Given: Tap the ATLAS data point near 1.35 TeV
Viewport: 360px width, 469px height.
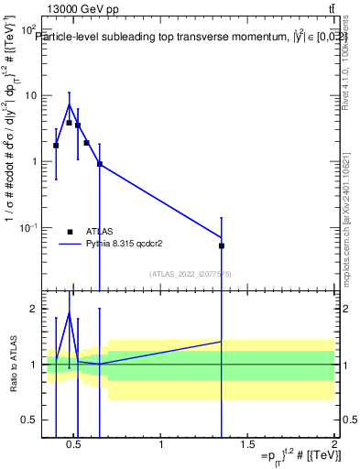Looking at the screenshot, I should (x=222, y=245).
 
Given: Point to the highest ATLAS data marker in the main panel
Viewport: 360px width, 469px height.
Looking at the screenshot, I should (x=69, y=122).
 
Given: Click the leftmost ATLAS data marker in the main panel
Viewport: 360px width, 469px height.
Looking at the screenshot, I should (x=56, y=145).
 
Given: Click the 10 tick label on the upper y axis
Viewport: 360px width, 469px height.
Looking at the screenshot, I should (x=29, y=95).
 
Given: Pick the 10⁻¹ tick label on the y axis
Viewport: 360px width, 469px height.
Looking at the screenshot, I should (x=27, y=227).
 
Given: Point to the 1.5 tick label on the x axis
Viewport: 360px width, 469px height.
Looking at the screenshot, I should (x=247, y=446).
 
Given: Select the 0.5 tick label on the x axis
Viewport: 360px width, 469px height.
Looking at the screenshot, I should (x=75, y=446).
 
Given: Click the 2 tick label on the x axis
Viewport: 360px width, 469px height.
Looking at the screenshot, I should (x=333, y=446).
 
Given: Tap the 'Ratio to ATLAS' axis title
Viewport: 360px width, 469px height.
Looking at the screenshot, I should (x=12, y=364).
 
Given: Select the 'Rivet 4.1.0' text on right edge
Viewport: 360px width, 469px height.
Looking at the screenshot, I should (x=345, y=78).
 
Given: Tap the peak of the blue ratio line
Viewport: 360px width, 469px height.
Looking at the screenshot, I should (x=69, y=313).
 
